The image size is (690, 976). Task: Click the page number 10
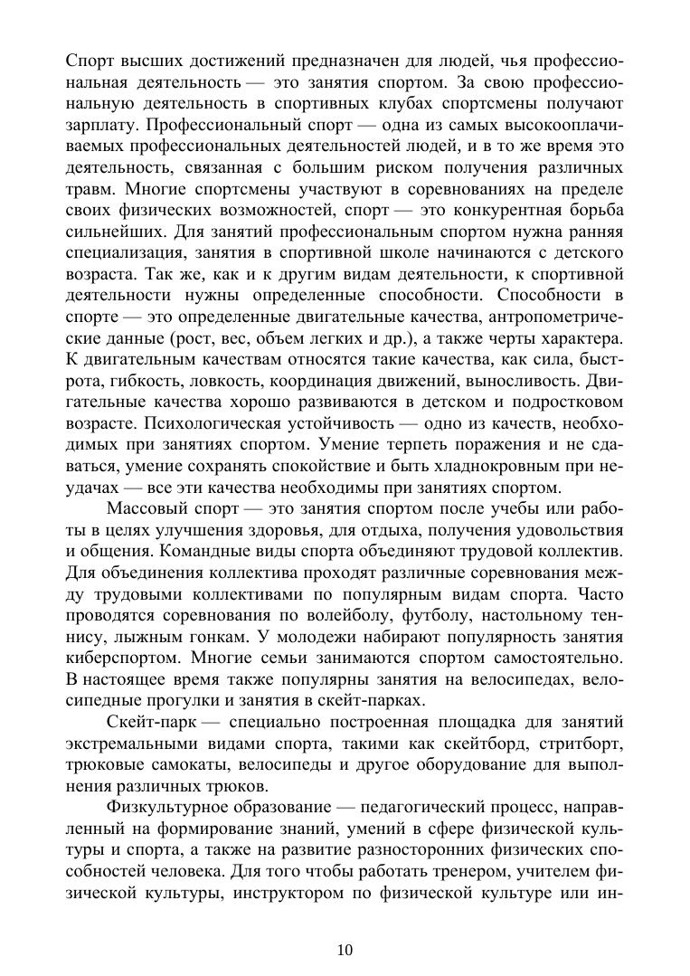coord(345,949)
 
